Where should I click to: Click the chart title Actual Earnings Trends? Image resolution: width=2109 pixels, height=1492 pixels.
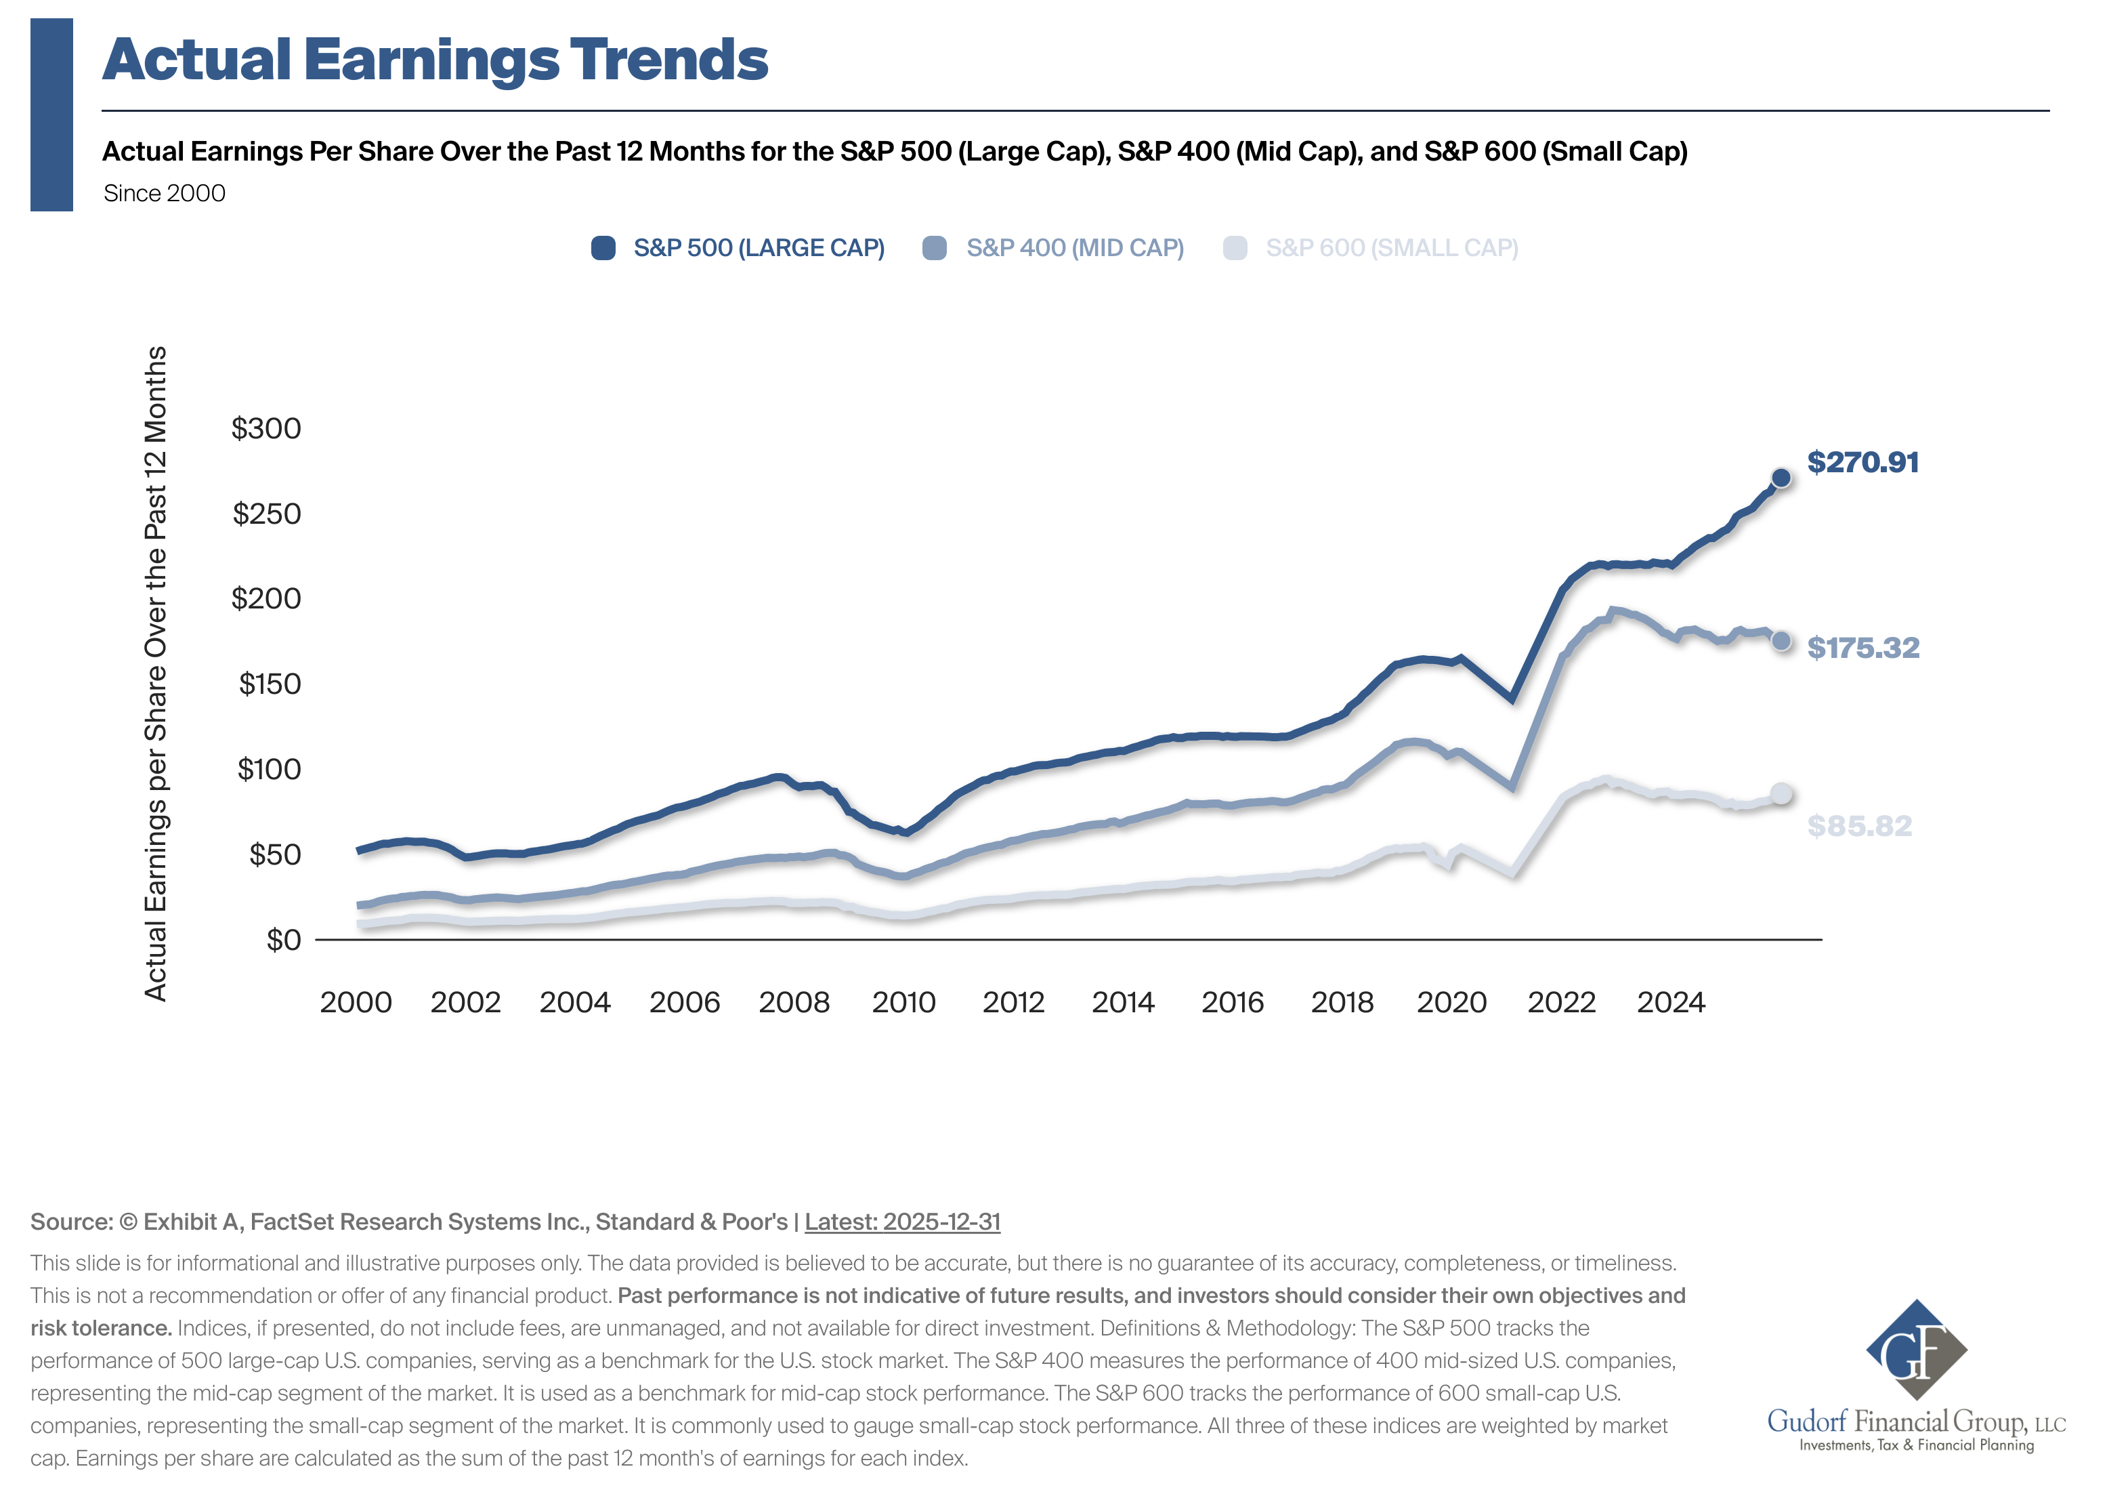click(435, 60)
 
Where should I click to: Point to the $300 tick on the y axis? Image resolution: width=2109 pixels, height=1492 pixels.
click(265, 428)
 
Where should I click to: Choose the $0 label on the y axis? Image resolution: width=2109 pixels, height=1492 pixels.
click(283, 940)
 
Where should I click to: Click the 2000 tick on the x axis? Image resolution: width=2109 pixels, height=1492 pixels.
click(356, 1002)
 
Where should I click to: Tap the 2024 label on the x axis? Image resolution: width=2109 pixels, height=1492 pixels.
click(1670, 1002)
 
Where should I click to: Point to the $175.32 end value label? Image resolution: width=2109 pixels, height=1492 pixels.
click(1863, 648)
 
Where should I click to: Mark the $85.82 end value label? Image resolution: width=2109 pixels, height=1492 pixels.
click(1859, 826)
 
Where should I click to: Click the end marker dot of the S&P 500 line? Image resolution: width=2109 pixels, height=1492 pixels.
click(1780, 478)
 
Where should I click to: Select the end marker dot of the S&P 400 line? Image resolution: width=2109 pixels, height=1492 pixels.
click(1780, 641)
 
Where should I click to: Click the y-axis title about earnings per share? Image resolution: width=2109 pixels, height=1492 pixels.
click(156, 674)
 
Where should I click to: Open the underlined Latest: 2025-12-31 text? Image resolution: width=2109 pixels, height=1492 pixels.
click(902, 1222)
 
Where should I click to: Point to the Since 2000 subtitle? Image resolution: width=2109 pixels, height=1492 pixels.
click(165, 194)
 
